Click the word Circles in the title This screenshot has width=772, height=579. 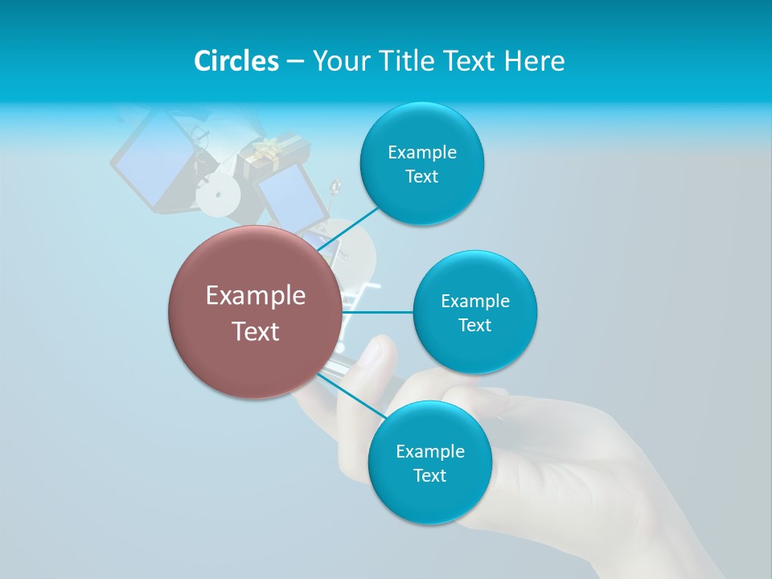[236, 61]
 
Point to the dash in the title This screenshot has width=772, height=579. [295, 62]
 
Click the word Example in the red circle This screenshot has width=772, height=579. [256, 296]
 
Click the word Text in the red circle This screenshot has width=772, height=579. [256, 331]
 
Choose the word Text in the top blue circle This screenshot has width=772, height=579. [421, 177]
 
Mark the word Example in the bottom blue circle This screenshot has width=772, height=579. [429, 451]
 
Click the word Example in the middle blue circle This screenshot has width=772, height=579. [474, 302]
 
